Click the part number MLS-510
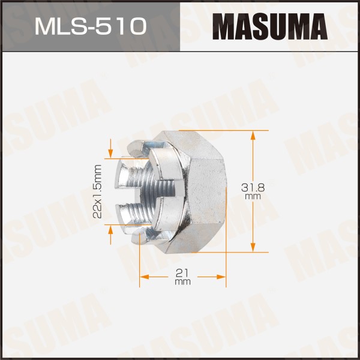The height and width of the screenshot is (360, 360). (x=91, y=26)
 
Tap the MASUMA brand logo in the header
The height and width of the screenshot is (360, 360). (x=270, y=26)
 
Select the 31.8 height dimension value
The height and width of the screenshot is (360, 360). (x=253, y=188)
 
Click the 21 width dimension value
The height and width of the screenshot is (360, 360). (x=182, y=273)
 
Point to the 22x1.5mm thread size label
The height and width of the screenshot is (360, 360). (x=98, y=191)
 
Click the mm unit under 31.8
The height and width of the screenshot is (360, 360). (x=253, y=197)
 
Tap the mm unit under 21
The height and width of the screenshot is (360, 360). (x=182, y=282)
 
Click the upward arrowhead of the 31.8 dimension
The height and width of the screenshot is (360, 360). (x=253, y=136)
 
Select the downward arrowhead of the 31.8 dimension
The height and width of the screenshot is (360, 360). (x=253, y=247)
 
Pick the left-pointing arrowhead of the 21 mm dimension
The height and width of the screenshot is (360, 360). (x=145, y=277)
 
